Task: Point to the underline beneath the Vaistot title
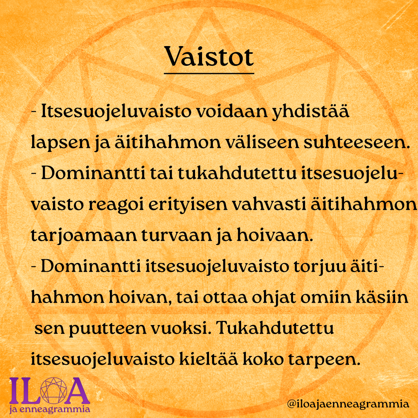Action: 209,73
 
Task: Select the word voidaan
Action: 232,111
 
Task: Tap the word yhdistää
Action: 310,112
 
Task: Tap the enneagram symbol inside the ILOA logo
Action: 53,391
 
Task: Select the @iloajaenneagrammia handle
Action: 348,404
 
